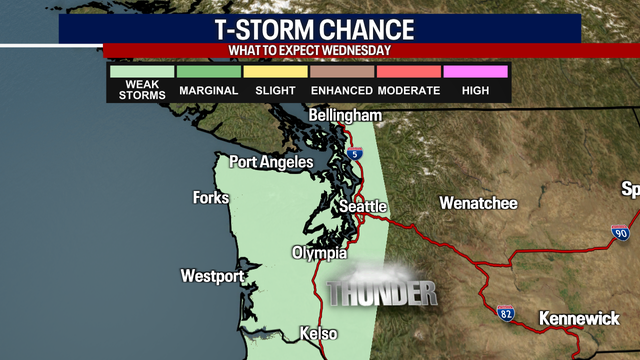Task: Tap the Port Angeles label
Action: (x=272, y=162)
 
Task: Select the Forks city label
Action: (x=212, y=198)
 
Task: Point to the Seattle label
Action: (x=362, y=206)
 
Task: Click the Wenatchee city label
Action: (x=478, y=203)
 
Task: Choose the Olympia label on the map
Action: (x=319, y=253)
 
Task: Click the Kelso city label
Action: (x=317, y=334)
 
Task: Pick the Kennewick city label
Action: (x=580, y=319)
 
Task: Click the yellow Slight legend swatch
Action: (x=275, y=72)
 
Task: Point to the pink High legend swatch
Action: (x=475, y=72)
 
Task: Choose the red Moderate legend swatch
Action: (x=409, y=72)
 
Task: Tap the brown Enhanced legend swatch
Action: (x=342, y=72)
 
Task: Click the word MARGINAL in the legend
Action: (x=209, y=91)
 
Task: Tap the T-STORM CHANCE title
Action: (x=320, y=28)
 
